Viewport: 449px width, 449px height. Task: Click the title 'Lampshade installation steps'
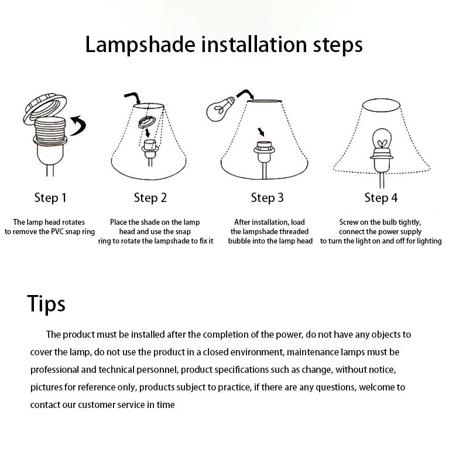[224, 45]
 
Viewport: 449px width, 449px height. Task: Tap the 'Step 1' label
[50, 198]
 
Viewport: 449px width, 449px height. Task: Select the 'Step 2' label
[150, 198]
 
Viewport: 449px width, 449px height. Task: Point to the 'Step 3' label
[267, 198]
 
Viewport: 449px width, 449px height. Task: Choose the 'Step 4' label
[381, 198]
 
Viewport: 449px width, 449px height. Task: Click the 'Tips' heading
[46, 304]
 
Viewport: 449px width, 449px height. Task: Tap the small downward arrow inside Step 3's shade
[262, 131]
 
